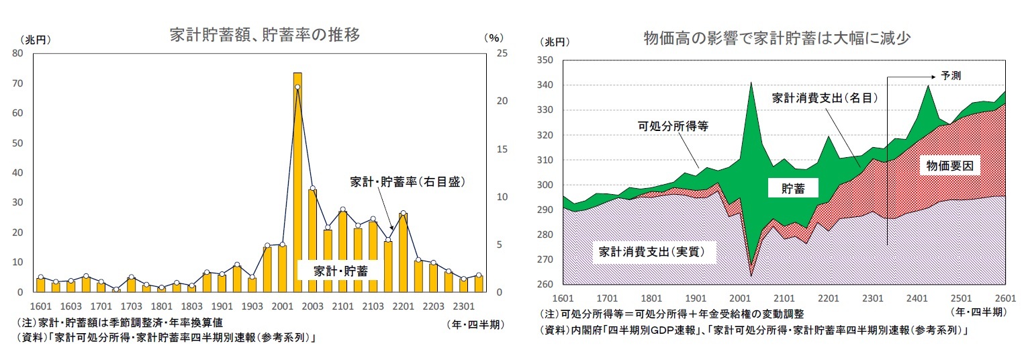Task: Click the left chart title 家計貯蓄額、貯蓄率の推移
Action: [265, 36]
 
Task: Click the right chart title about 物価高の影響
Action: [776, 38]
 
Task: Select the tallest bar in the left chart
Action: [297, 181]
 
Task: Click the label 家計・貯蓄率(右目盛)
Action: [408, 181]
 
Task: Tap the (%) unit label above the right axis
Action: [493, 38]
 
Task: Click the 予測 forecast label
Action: [951, 76]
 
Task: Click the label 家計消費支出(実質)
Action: [655, 253]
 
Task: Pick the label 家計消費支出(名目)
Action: [825, 97]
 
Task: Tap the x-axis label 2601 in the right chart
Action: [1006, 298]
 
